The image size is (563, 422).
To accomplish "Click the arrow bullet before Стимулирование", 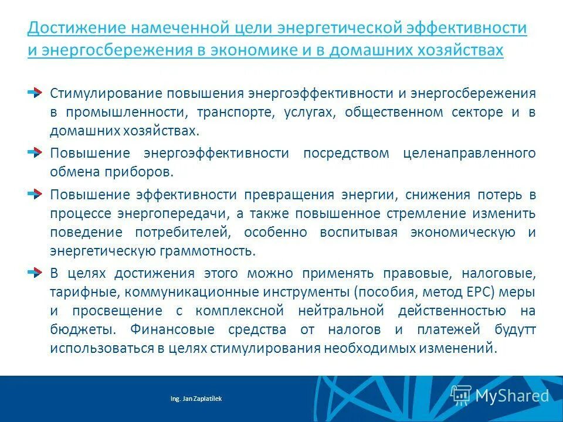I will pos(35,93).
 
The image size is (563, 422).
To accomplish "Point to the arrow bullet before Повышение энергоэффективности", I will pos(35,153).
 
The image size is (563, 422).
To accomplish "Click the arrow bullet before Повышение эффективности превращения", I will pos(35,193).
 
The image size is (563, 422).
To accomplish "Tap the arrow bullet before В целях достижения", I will pos(35,272).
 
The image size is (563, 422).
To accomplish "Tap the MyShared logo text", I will pos(512,396).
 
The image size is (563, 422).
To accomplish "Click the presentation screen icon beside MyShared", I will pos(461,395).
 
